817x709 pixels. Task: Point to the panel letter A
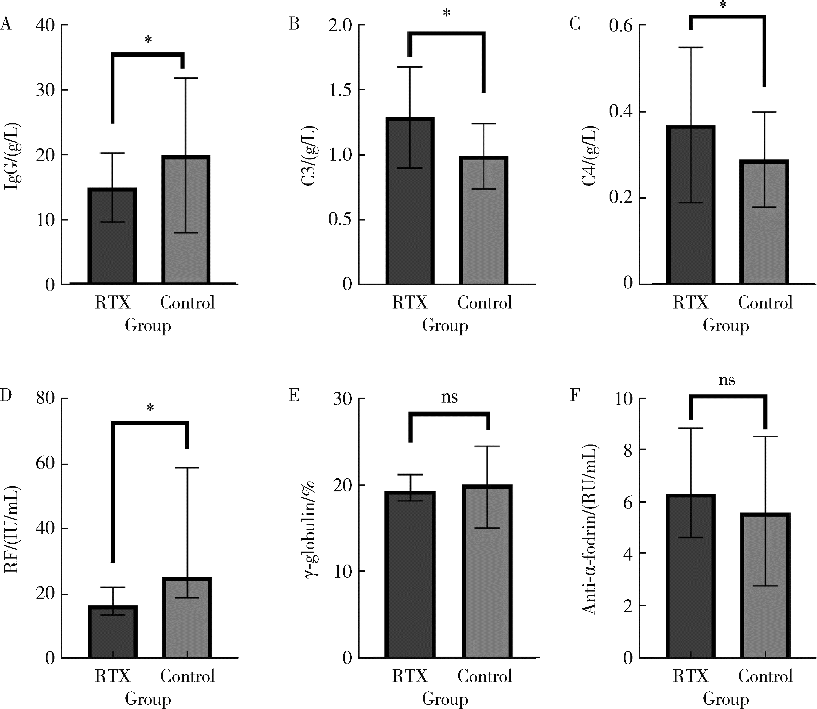pyautogui.click(x=6, y=25)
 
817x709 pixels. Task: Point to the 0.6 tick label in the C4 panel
pyautogui.click(x=621, y=26)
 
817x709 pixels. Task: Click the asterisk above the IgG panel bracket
pyautogui.click(x=148, y=40)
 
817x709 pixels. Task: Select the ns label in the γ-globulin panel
pyautogui.click(x=449, y=397)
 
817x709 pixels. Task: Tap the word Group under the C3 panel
pyautogui.click(x=445, y=326)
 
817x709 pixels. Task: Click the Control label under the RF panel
pyautogui.click(x=187, y=676)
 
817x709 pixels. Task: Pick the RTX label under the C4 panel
pyautogui.click(x=690, y=303)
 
